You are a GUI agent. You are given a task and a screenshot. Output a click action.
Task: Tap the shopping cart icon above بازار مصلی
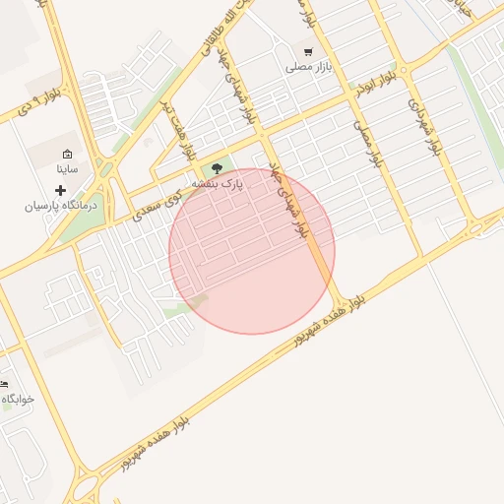(x=308, y=51)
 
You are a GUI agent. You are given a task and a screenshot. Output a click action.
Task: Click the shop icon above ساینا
(x=67, y=154)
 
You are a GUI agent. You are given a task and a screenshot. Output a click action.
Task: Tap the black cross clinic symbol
(x=60, y=189)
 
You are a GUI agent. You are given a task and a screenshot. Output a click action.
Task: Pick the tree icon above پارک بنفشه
(x=218, y=167)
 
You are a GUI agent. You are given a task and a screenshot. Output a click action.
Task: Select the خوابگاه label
(x=18, y=399)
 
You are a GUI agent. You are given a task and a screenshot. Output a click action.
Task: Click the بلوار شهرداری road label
(x=420, y=125)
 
